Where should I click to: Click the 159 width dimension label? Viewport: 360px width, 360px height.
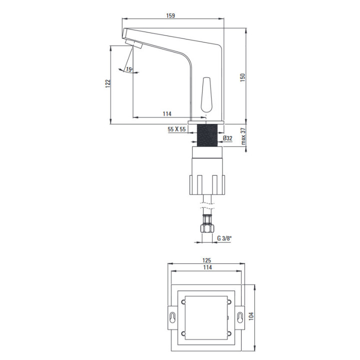point(170,15)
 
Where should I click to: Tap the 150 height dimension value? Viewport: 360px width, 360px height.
point(242,77)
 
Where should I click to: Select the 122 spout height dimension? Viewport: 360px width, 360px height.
point(107,83)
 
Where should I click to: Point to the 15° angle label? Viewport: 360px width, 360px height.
point(129,69)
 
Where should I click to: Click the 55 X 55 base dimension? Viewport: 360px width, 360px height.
point(176,129)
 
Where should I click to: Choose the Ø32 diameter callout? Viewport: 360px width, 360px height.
point(227,138)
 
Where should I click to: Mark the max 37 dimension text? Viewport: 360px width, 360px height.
point(243,136)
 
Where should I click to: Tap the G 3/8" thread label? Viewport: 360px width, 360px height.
point(224,238)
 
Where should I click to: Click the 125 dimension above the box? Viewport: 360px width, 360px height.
point(206,260)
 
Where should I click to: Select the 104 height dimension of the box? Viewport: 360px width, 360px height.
point(251,316)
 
